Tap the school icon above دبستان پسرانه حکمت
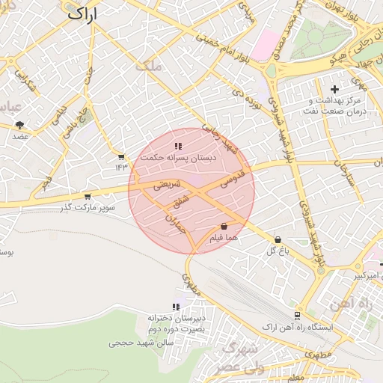[178, 147]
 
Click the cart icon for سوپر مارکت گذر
[88, 197]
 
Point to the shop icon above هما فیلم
[224, 226]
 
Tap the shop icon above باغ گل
[278, 239]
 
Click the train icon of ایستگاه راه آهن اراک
[298, 316]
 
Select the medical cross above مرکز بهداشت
[334, 90]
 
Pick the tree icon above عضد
[19, 125]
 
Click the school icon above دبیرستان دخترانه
[176, 307]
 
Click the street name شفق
[182, 202]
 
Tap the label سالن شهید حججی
[141, 342]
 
